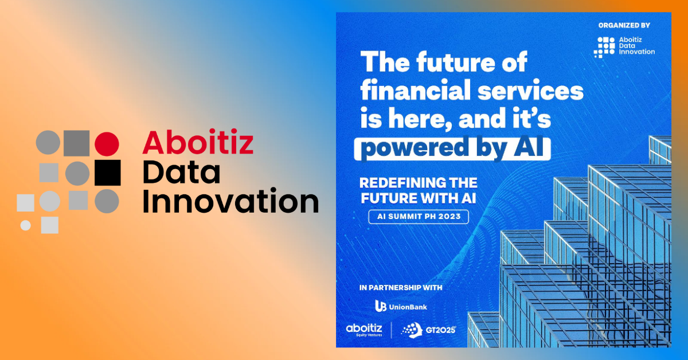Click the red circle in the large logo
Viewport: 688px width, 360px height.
[x=107, y=144]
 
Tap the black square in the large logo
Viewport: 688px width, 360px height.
[x=108, y=173]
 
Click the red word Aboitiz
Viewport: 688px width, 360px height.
[x=198, y=142]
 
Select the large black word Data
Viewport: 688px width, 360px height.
[x=182, y=172]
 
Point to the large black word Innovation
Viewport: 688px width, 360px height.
[x=230, y=201]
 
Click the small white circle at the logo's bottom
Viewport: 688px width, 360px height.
[x=25, y=225]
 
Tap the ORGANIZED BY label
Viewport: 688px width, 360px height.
[x=624, y=25]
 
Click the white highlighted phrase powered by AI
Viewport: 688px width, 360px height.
[x=452, y=149]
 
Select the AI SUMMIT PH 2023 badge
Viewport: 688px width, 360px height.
[x=419, y=217]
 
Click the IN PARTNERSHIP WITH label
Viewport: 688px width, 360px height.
[x=401, y=288]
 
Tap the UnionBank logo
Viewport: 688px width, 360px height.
[x=401, y=306]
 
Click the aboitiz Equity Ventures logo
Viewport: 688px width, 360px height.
[x=364, y=330]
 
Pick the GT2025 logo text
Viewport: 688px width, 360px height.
[x=440, y=330]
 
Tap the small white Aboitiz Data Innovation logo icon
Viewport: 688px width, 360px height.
[x=604, y=48]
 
